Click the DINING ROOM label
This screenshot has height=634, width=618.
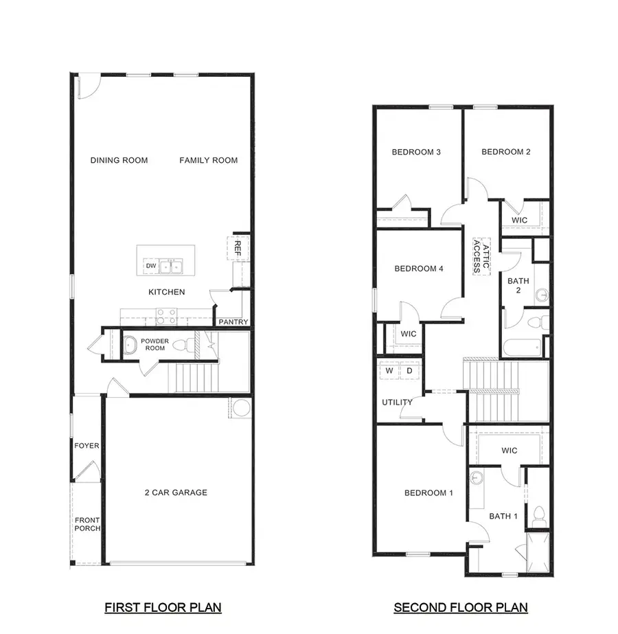point(119,160)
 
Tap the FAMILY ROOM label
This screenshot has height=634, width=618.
point(209,160)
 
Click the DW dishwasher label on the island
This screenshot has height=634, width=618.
point(150,266)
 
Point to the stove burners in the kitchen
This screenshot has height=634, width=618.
point(167,317)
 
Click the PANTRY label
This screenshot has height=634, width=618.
point(233,322)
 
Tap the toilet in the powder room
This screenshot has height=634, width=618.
point(181,345)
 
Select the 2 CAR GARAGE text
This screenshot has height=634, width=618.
point(176,493)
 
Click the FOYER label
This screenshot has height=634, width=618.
point(87,446)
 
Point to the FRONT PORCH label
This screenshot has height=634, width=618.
point(87,524)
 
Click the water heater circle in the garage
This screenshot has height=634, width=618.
point(242,408)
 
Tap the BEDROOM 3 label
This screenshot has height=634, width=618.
point(416,152)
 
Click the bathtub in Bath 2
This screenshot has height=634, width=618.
point(522,347)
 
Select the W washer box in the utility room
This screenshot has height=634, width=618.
point(389,371)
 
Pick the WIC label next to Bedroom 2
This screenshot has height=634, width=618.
point(520,220)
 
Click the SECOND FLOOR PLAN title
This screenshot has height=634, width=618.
point(461,607)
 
